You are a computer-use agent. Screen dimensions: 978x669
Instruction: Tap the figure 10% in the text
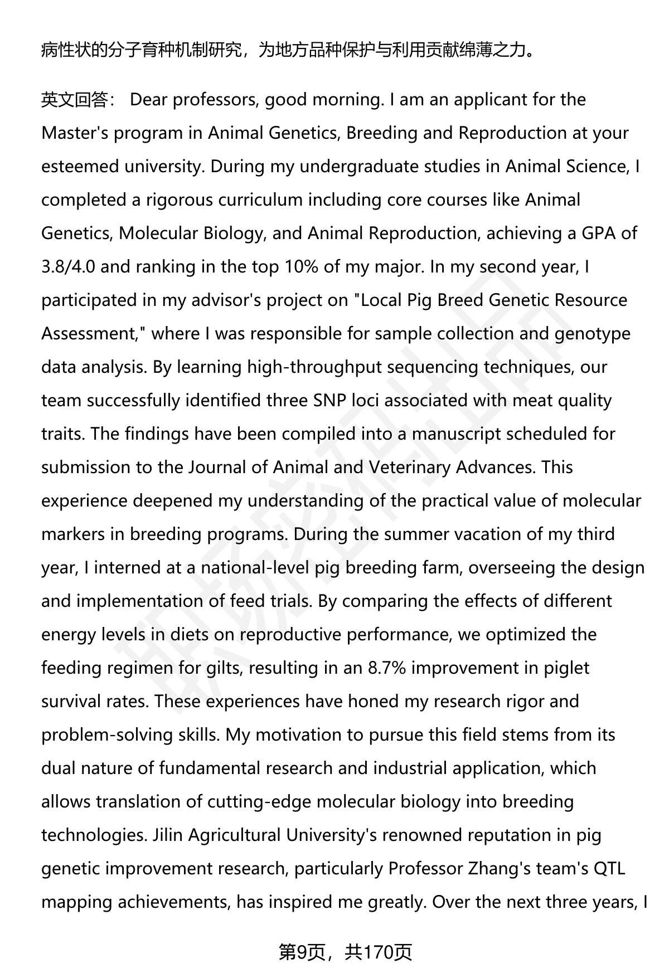click(301, 267)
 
